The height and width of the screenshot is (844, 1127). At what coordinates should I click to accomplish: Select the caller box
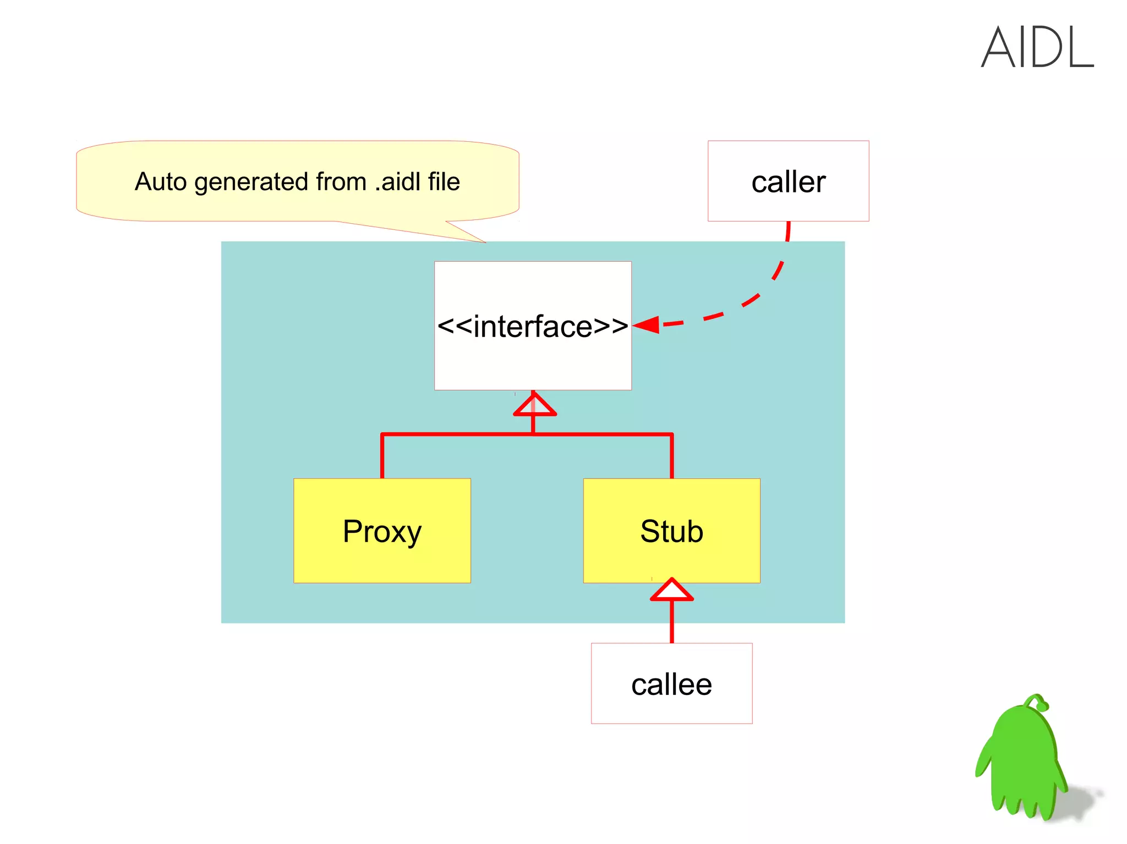point(788,181)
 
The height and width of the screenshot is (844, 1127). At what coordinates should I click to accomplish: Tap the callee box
point(671,683)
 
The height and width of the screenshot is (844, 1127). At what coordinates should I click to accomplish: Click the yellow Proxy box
point(382,531)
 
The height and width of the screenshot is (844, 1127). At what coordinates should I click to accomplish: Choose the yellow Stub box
point(671,531)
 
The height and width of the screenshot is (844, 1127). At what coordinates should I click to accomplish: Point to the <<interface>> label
point(533,326)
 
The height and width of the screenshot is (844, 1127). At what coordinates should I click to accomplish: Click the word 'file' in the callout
point(444,181)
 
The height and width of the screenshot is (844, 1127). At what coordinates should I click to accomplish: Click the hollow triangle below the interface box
point(534,405)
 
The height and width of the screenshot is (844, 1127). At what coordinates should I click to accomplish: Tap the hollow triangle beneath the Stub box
point(671,590)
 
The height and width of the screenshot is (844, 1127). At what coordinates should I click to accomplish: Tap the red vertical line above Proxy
point(382,456)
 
